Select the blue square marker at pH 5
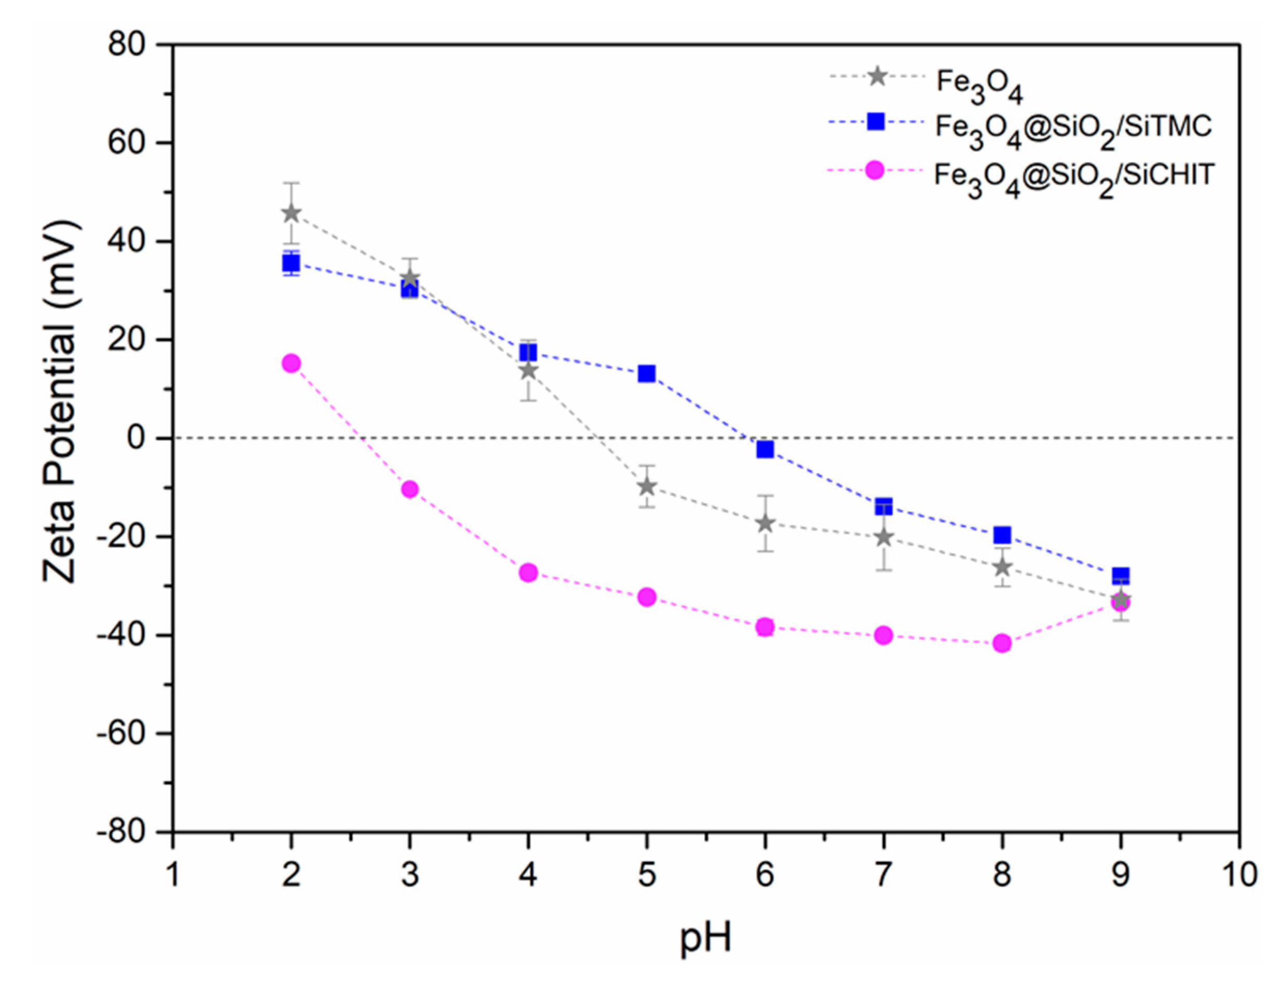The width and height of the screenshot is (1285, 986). coord(646,373)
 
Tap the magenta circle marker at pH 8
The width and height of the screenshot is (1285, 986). coord(1002,643)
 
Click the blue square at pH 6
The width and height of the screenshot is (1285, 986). coord(765,450)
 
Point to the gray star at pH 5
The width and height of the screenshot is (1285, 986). coord(646,487)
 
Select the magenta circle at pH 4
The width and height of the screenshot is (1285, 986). coord(528,572)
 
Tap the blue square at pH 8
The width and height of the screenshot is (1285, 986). coord(1002,535)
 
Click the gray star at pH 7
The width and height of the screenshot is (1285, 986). coord(884,537)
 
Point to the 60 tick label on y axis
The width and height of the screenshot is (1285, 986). coord(126,143)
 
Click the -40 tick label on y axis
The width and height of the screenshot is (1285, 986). coord(121,635)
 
